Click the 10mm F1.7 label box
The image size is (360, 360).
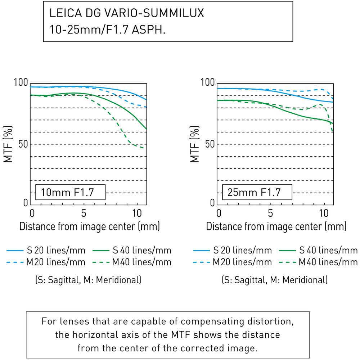tap(70, 193)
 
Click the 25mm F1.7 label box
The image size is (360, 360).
tap(256, 193)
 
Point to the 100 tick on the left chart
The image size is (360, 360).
tap(21, 83)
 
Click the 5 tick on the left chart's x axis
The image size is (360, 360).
tap(84, 213)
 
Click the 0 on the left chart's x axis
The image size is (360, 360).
tap(32, 213)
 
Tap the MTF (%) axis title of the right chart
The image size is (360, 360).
tap(195, 144)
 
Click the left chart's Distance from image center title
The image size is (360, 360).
tap(89, 227)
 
